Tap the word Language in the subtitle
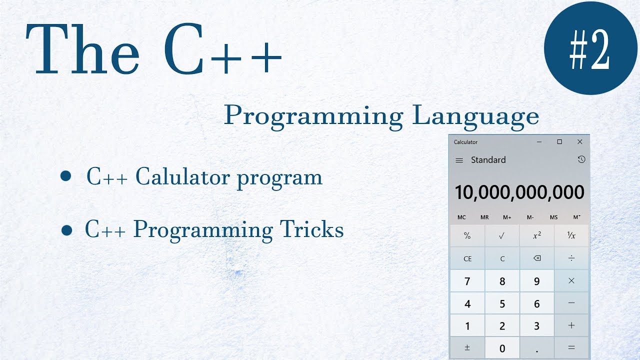pyautogui.click(x=475, y=116)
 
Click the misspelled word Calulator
pyautogui.click(x=182, y=177)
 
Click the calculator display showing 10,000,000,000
pyautogui.click(x=519, y=192)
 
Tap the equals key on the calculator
pyautogui.click(x=571, y=347)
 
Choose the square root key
pyautogui.click(x=502, y=236)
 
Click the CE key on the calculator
pyautogui.click(x=467, y=258)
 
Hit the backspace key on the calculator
pyautogui.click(x=537, y=258)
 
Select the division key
pyautogui.click(x=571, y=258)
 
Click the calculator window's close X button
pyautogui.click(x=580, y=142)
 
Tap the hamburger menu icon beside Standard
pyautogui.click(x=459, y=160)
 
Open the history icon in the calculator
pyautogui.click(x=581, y=159)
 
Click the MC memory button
pyautogui.click(x=461, y=217)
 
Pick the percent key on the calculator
pyautogui.click(x=467, y=236)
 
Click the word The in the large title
pyautogui.click(x=82, y=48)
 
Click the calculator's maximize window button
pyautogui.click(x=559, y=142)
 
